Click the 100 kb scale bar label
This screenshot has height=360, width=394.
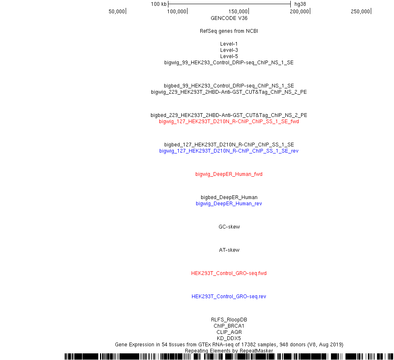[x=158, y=4]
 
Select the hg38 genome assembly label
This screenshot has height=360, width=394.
[x=300, y=4]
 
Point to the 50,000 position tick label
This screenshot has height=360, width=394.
[x=117, y=11]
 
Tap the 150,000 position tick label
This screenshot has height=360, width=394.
[x=238, y=11]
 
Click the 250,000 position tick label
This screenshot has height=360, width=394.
[x=360, y=11]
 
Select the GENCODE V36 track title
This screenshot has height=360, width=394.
[x=229, y=18]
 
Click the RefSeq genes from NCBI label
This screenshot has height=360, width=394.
[x=229, y=31]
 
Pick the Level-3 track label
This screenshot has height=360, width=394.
[x=229, y=50]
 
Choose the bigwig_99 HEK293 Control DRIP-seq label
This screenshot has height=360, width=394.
[x=229, y=63]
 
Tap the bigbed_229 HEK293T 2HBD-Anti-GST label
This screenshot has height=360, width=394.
[x=229, y=115]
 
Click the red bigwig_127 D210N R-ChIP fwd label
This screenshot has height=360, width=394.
[x=229, y=122]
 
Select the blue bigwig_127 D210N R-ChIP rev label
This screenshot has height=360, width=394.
[x=229, y=151]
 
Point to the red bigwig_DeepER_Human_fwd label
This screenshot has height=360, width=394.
[x=229, y=174]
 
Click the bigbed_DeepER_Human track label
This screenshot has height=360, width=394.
[x=229, y=197]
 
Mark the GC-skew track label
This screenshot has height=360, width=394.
[x=229, y=226]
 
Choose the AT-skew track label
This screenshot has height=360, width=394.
[x=229, y=250]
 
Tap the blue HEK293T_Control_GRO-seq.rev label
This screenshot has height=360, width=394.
[x=229, y=297]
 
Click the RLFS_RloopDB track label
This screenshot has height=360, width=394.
[x=229, y=319]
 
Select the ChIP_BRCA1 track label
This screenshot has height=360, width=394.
[x=229, y=326]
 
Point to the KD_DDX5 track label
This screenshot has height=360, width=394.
[x=229, y=338]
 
